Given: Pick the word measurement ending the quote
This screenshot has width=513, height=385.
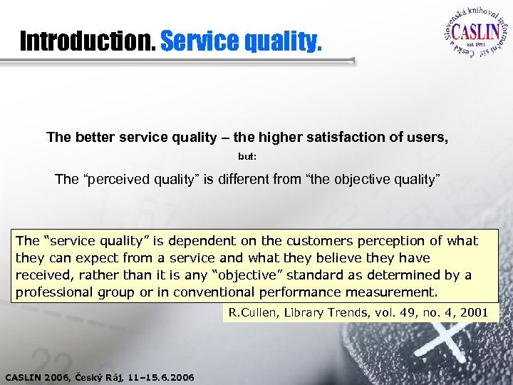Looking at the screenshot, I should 391,292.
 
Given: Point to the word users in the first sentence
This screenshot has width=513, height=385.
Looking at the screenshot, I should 428,137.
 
